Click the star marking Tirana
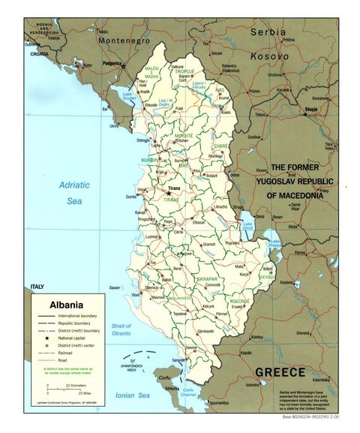169,193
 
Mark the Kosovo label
269,56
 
